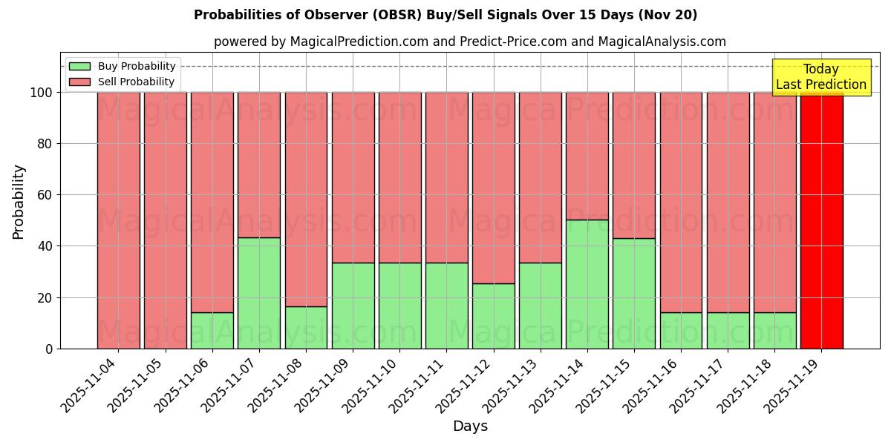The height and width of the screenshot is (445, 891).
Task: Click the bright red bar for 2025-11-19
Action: (821, 220)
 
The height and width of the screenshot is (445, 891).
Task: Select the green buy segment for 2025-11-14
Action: (587, 284)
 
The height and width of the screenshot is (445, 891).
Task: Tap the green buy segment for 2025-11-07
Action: (259, 293)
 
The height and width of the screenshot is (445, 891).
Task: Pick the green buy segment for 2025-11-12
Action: (493, 316)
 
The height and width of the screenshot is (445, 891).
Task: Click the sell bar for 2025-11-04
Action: (119, 220)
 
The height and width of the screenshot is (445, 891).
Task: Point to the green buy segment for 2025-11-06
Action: (212, 330)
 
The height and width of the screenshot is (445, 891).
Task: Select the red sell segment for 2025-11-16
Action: (681, 202)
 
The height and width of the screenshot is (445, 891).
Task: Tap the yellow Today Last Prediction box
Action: (821, 77)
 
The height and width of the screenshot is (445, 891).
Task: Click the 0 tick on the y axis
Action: (49, 349)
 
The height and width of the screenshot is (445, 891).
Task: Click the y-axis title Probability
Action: (19, 201)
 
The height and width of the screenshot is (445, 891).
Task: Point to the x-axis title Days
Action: (470, 426)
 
